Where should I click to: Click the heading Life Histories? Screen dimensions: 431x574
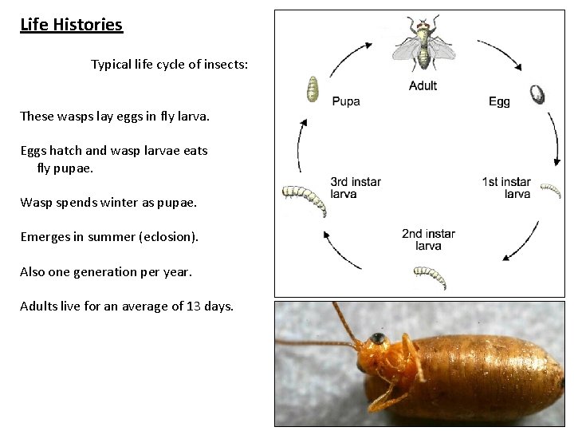[x=71, y=25]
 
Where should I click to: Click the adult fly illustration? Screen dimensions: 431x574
[x=423, y=44]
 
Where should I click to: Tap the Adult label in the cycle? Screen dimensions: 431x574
[x=423, y=85]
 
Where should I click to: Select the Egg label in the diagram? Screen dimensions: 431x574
[x=499, y=101]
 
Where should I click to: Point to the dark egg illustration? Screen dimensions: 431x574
[x=538, y=94]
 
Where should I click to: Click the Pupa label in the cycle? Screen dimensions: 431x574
[x=345, y=101]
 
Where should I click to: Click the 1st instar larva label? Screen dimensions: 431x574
[x=506, y=188]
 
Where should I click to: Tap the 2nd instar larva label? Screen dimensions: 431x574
[x=428, y=239]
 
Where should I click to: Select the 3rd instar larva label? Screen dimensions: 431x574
[x=356, y=188]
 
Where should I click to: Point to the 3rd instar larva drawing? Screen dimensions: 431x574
[x=306, y=200]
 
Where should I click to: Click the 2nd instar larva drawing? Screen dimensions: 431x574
[x=430, y=277]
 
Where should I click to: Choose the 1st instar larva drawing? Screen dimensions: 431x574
[x=550, y=190]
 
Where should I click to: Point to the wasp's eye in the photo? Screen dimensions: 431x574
[x=376, y=339]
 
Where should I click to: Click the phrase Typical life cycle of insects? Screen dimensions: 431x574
[x=169, y=65]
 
